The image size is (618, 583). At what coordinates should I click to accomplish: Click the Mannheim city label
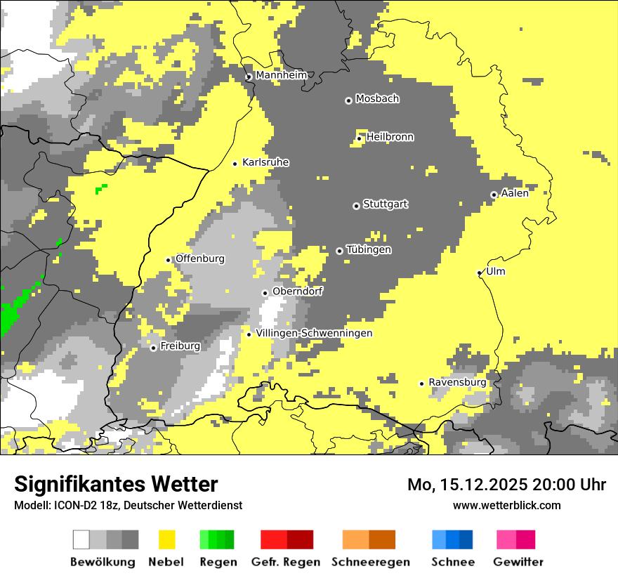coord(281,75)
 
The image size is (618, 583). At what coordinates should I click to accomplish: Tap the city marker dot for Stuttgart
coord(356,206)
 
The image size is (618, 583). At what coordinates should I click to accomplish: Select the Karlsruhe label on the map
coord(265,162)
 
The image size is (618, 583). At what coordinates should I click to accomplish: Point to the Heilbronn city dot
coord(359,138)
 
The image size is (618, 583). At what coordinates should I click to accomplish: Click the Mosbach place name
coord(377,99)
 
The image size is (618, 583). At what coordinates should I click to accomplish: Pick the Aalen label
coord(515,193)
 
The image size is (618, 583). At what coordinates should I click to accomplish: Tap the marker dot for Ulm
coord(480,273)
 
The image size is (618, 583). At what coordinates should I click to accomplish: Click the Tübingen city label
coord(369,250)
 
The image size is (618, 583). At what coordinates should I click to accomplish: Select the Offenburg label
coord(200,258)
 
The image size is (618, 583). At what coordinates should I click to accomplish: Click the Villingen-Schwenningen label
coord(314,333)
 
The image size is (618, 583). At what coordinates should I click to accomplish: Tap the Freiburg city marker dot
coord(153,348)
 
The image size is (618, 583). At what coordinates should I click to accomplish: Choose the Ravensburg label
coord(457,382)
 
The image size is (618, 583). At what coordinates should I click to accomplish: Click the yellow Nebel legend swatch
coord(167,539)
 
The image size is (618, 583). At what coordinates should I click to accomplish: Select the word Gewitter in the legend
coord(518,562)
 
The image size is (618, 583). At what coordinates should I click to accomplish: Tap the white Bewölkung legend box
coord(81,539)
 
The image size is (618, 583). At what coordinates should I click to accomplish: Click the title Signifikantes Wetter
coord(116,484)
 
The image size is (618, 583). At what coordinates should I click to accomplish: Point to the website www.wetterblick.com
coord(506,505)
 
